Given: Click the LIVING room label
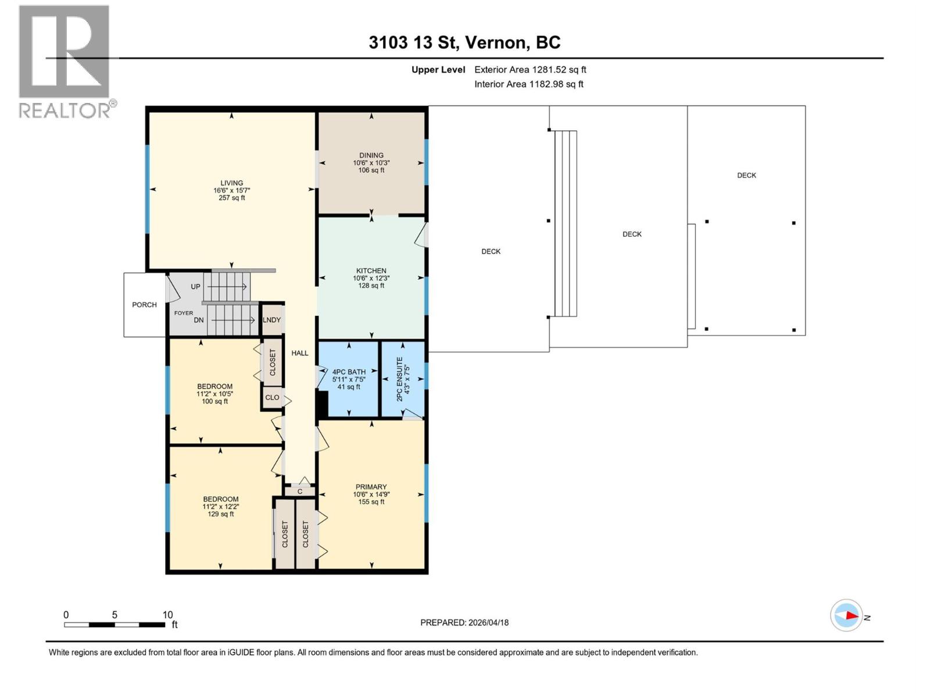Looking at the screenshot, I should (x=231, y=183).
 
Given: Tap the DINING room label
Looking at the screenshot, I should (x=371, y=155).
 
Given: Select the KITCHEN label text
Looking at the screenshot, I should (x=371, y=271).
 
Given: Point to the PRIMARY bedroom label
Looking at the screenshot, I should (x=371, y=487).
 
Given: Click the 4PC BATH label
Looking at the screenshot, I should (x=349, y=372).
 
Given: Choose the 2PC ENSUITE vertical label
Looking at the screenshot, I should (x=399, y=379).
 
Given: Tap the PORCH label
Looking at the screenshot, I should (x=144, y=305).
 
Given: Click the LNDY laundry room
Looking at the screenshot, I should (x=271, y=320).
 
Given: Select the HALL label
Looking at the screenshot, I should (x=300, y=353).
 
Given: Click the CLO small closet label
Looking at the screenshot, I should (x=272, y=398).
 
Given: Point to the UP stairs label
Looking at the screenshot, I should (x=195, y=287).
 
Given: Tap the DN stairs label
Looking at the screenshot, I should (x=199, y=320).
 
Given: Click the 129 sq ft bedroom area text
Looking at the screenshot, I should (x=221, y=514).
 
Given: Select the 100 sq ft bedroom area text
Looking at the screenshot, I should (x=214, y=401).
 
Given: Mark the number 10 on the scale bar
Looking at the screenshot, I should (x=167, y=615).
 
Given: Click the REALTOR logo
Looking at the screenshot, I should (x=65, y=61).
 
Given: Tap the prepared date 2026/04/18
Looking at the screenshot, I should (x=488, y=622).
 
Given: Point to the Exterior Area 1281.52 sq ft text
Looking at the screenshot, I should (x=530, y=70).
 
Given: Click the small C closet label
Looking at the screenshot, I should (x=300, y=492).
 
